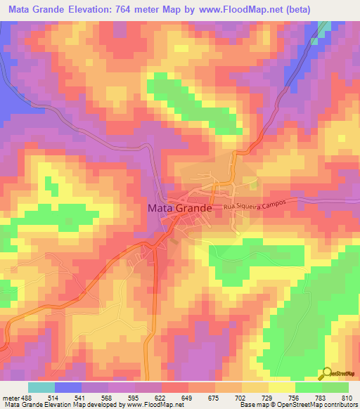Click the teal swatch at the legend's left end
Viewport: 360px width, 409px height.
tap(41, 387)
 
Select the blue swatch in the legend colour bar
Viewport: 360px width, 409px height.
tap(68, 387)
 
